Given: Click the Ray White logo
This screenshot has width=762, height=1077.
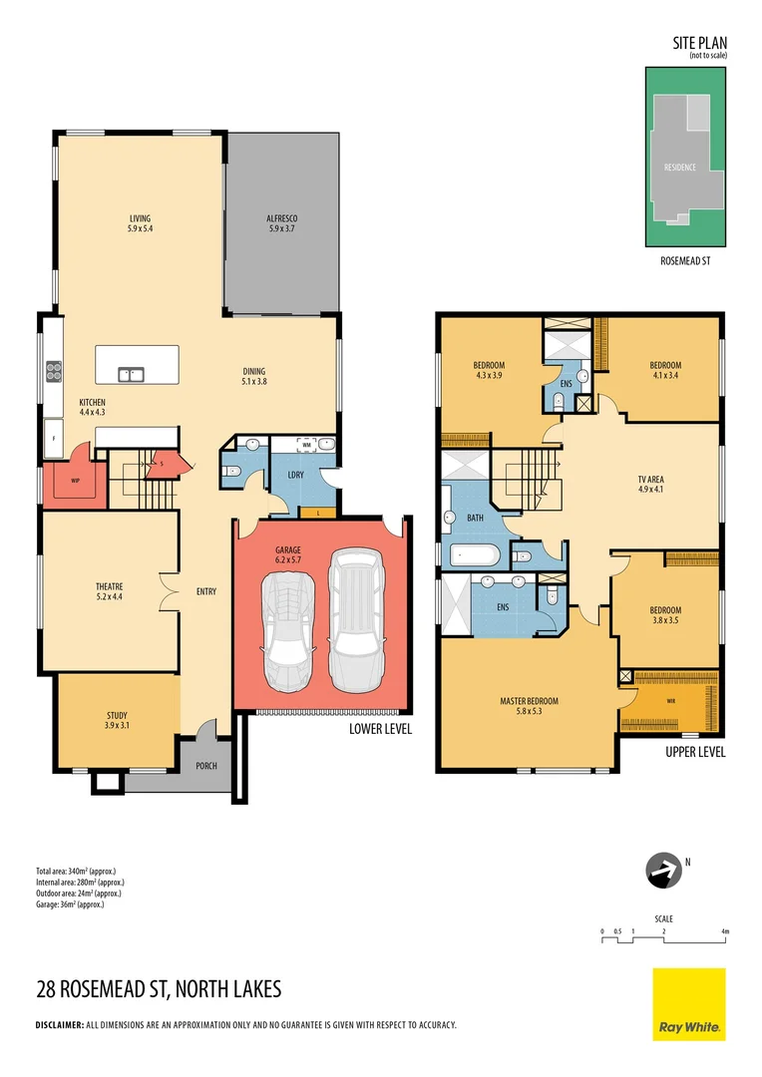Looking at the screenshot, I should tap(689, 1004).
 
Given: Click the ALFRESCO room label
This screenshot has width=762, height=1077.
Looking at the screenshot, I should tap(282, 217).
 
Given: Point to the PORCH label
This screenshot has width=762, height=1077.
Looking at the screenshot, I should tap(206, 766).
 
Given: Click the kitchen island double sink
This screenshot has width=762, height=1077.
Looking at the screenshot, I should tap(130, 375).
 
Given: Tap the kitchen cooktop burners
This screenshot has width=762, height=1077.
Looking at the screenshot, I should tap(53, 372).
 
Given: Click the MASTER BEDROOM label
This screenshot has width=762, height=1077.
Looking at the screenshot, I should tap(529, 701).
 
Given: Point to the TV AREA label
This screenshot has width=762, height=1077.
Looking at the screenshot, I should tap(650, 480).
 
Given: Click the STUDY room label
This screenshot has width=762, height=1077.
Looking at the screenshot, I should tap(118, 715).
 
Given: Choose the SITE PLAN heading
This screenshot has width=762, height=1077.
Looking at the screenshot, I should tap(701, 43).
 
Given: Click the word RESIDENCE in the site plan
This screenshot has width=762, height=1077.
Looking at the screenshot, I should tap(680, 168).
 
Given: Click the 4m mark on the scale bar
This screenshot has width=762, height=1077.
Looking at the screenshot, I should tap(725, 931).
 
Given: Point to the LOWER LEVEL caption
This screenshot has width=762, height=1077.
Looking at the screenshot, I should tap(380, 729).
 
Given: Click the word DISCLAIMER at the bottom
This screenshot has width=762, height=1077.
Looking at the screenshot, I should tap(60, 1025).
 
